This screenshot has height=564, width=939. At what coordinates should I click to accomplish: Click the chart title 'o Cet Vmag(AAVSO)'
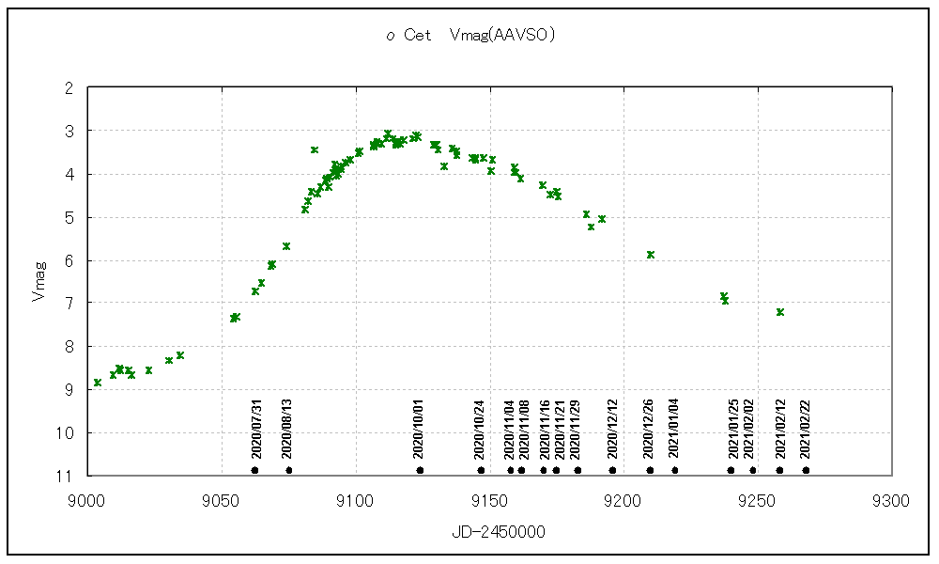coord(472,36)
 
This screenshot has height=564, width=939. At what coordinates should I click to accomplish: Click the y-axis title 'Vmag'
coord(38,282)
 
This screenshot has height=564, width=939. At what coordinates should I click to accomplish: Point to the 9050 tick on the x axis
coord(221,501)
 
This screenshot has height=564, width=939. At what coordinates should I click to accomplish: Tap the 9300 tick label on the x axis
coord(890,501)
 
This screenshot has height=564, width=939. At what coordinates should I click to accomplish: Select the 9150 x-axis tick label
coord(488,501)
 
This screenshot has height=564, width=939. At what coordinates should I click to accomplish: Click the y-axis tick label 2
coord(69,87)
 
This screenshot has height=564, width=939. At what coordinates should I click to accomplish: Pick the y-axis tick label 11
coord(66,476)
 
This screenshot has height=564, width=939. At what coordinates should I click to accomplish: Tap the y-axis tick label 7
coord(69,303)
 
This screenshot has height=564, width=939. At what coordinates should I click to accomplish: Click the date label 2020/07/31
coord(255,428)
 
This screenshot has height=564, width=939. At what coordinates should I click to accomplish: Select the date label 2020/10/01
coord(420,428)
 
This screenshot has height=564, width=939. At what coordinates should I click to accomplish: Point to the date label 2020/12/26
coord(650,428)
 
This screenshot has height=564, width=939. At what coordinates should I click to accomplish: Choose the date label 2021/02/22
coord(806,428)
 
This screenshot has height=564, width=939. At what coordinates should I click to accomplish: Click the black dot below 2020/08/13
coord(288,470)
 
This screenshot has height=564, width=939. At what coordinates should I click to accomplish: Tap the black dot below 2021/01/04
coord(674,470)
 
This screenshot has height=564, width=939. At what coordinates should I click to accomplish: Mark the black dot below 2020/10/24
coord(481,470)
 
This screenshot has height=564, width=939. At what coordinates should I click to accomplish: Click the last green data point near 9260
coord(780,311)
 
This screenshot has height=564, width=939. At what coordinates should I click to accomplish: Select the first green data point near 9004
coord(98,383)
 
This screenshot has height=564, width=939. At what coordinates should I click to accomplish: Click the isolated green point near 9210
coord(651,255)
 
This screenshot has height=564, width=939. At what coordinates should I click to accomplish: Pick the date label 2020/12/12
coord(612,428)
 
